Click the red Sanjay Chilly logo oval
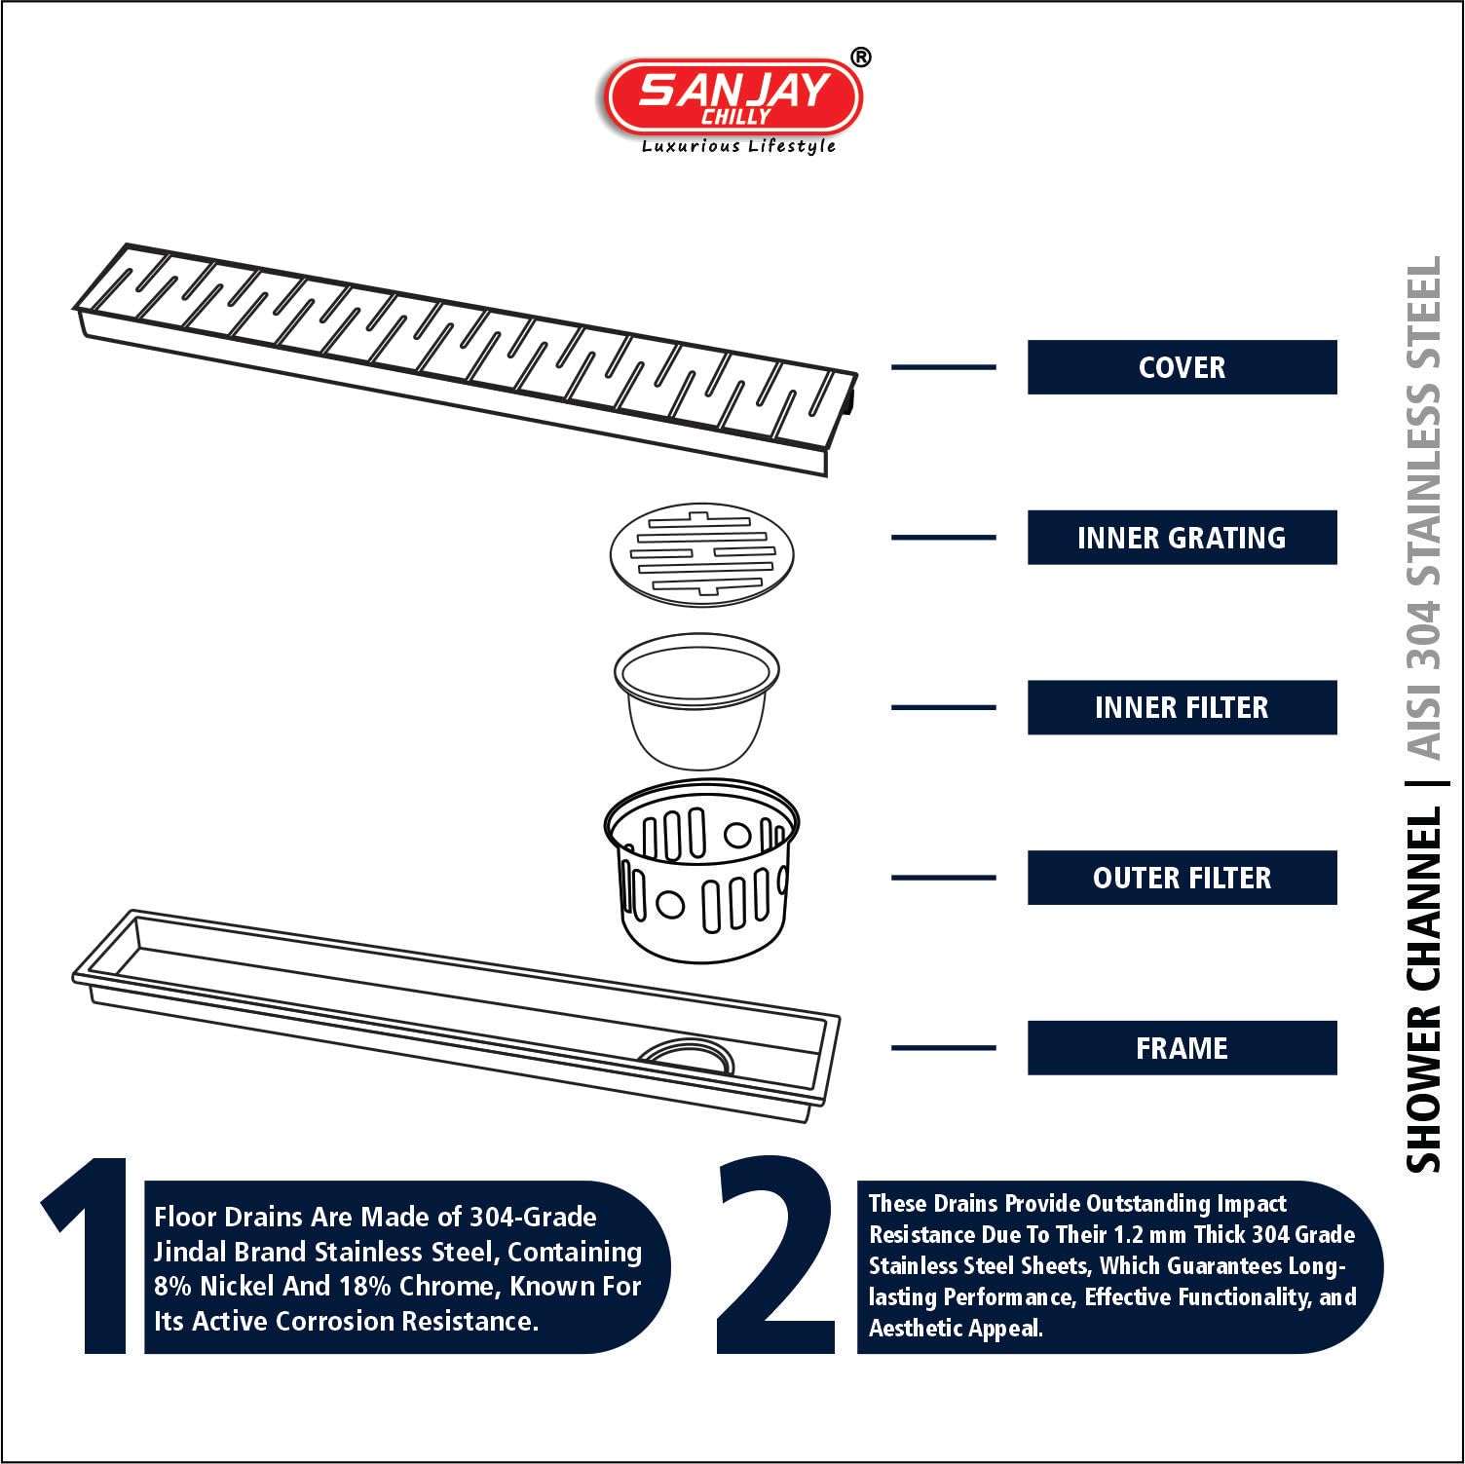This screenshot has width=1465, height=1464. pos(733,96)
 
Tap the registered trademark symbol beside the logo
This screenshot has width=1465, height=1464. pos(861,57)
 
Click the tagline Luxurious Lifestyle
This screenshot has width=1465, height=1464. pos(737,146)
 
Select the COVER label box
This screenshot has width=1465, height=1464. pos(1182,367)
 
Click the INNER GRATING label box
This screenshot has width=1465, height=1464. pos(1182,538)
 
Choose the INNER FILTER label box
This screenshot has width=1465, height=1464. pos(1182,707)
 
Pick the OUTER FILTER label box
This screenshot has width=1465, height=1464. pos(1182,878)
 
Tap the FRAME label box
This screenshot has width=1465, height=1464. pos(1182,1048)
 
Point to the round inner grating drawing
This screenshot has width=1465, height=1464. pos(702,551)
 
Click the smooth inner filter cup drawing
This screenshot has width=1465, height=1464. pos(697,701)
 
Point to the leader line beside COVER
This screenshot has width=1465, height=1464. pos(944,367)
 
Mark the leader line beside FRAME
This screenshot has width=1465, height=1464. pos(944,1048)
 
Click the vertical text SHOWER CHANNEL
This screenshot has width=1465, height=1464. pos(1424,990)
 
